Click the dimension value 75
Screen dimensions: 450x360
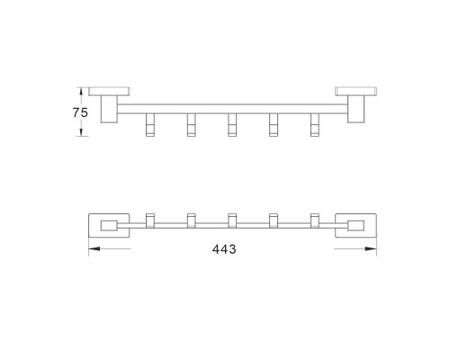coord(80,112)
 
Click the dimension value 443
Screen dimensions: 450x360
coord(224,249)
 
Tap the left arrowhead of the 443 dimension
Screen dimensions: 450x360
coord(94,248)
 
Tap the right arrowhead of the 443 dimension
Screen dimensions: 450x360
coord(371,248)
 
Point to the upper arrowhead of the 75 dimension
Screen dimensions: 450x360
coord(81,92)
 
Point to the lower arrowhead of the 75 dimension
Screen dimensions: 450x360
coord(81,131)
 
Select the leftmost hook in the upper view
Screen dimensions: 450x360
coord(150,125)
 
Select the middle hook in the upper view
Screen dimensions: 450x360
coord(232,125)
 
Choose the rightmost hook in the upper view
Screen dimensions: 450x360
coord(314,125)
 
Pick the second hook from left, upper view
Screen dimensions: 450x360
coord(192,125)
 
